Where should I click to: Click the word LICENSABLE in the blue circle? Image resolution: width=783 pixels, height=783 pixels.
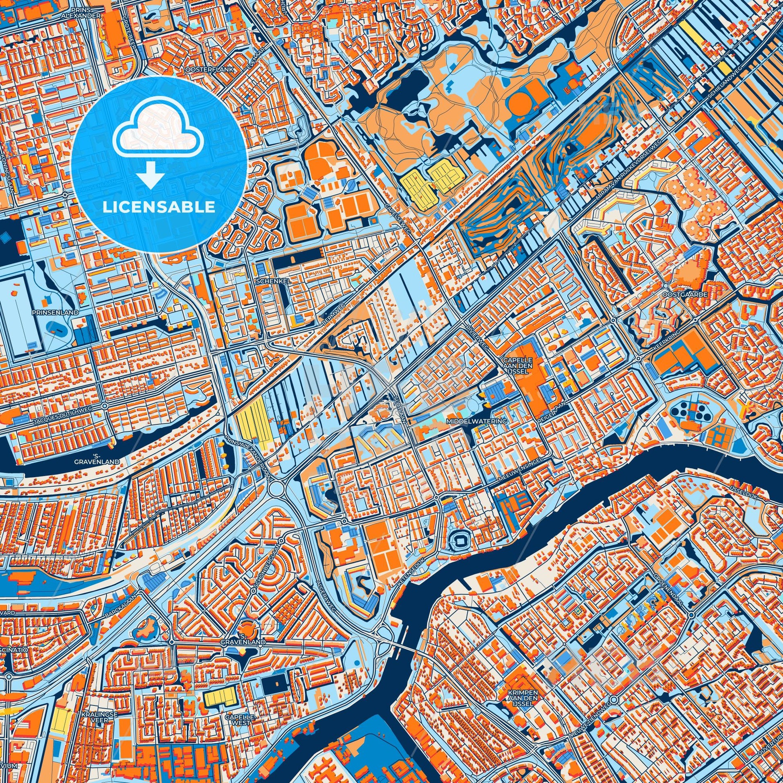[x=159, y=207]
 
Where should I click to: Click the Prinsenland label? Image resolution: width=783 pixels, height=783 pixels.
[x=51, y=313]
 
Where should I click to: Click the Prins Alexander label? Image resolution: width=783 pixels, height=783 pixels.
[x=85, y=12]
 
